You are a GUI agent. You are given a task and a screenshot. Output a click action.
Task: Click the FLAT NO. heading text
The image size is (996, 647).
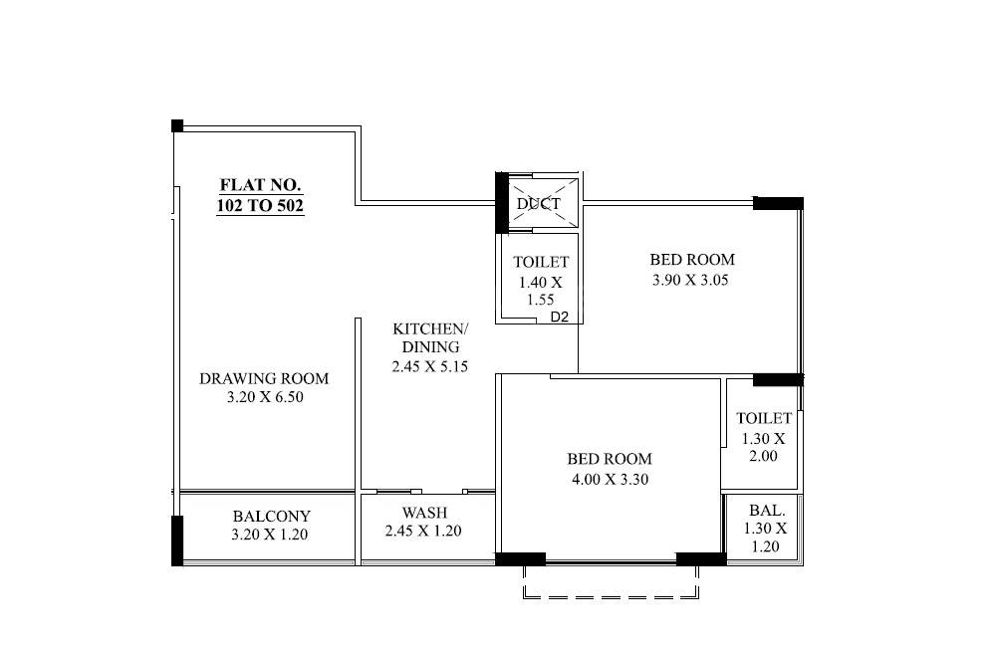pos(260,185)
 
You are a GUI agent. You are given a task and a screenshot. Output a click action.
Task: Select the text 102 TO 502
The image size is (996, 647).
pos(260,206)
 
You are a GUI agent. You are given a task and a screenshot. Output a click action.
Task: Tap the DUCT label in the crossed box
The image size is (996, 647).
pos(539,204)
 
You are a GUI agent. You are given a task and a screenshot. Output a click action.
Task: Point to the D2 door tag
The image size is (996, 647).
pos(560,319)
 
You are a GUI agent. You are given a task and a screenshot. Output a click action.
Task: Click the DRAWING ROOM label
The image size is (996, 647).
pos(264,378)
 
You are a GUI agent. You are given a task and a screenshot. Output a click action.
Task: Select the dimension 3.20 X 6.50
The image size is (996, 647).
pos(264,397)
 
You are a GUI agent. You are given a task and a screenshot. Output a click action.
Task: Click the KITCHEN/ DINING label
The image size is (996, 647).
pos(430,337)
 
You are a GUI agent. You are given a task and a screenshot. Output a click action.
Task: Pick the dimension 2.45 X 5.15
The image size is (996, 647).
pos(430,366)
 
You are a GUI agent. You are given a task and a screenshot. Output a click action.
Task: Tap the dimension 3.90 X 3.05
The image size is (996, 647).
pos(690,280)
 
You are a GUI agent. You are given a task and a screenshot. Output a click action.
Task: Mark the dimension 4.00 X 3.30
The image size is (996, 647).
pos(610,479)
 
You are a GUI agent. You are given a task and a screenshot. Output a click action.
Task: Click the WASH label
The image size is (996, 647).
pos(424,513)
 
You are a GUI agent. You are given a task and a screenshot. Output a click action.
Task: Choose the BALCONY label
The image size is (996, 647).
pos(271,517)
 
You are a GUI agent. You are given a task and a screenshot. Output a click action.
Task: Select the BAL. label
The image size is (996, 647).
pos(764,510)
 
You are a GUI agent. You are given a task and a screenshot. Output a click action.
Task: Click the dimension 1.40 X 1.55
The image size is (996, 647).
pos(541,290)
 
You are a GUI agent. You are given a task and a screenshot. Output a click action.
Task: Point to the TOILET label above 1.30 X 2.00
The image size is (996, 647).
pos(764,418)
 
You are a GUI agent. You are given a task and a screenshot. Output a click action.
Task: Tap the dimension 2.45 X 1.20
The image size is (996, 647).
pos(423,532)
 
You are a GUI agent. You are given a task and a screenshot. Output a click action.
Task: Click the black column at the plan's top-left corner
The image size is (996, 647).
pos(177,125)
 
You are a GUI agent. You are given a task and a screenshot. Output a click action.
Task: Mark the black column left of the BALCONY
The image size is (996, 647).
pos(177,539)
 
